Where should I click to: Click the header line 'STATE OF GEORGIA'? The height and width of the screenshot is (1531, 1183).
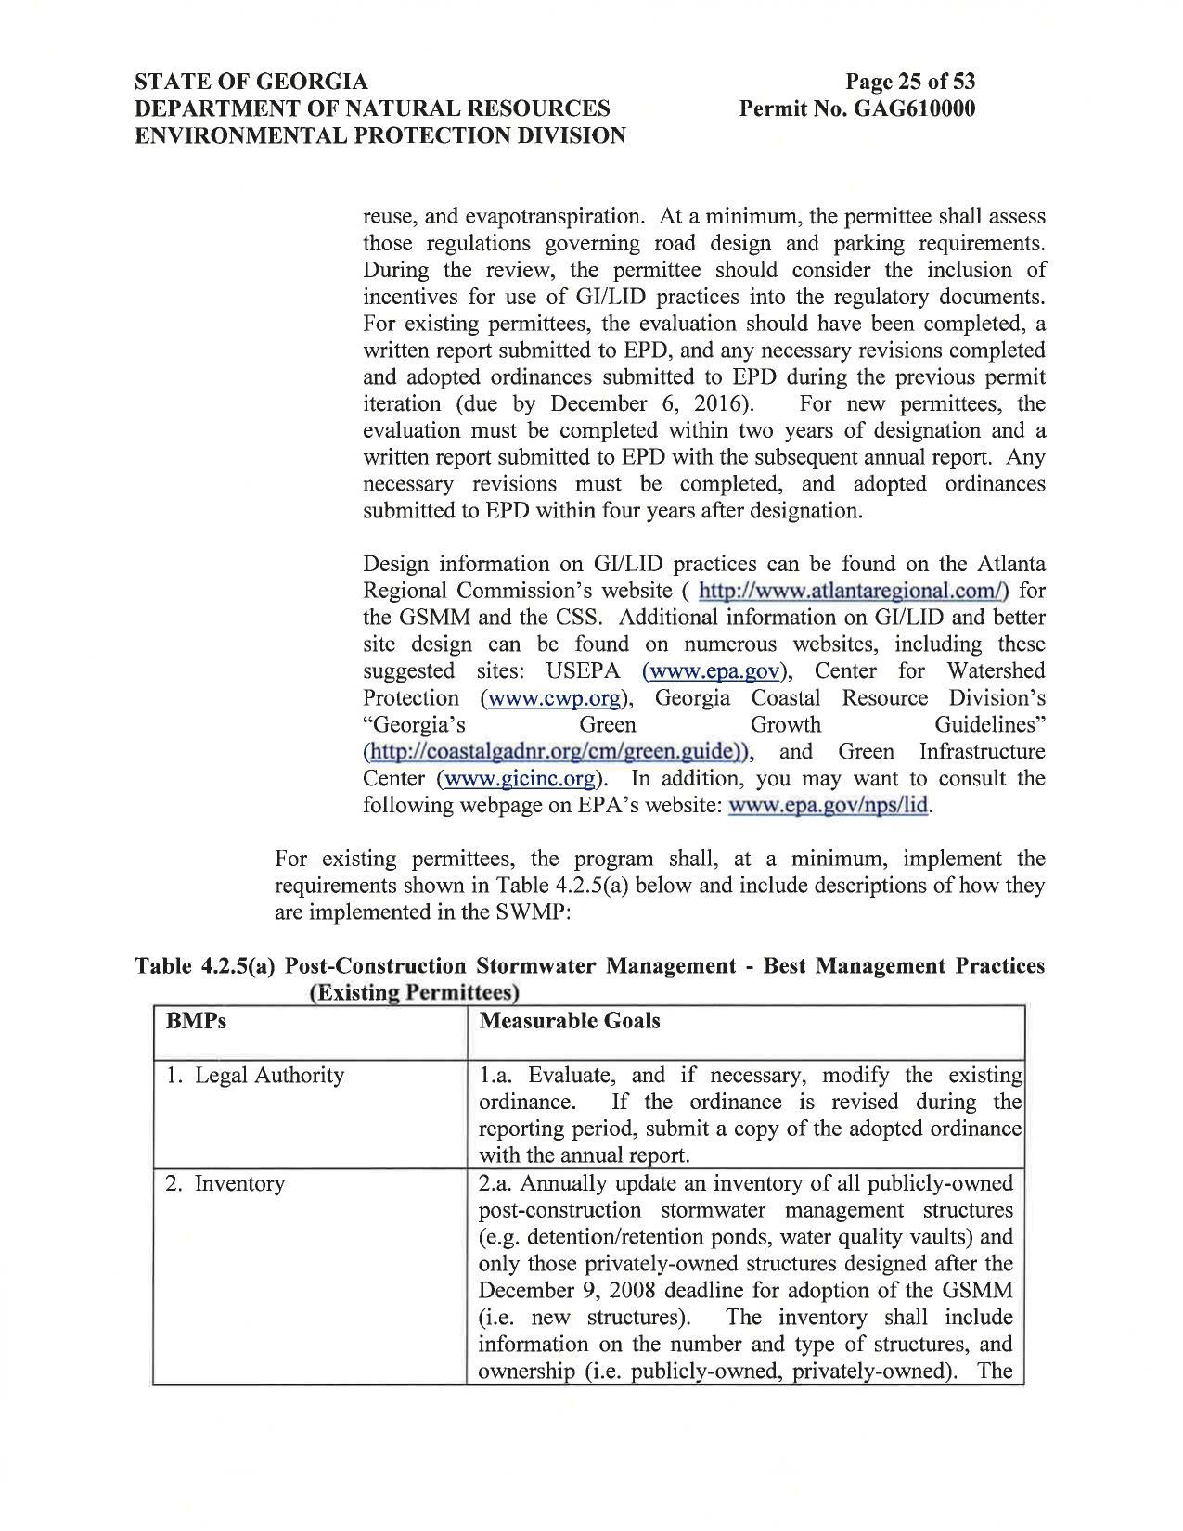coord(251,82)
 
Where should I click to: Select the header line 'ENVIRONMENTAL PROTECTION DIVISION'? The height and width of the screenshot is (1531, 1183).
coord(380,135)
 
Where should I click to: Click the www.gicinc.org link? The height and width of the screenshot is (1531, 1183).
coord(519,779)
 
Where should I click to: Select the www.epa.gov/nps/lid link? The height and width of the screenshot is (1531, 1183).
coord(829,806)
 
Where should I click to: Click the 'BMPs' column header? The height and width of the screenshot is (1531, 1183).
coord(196,1021)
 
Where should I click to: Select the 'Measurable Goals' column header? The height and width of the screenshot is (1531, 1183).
coord(570,1021)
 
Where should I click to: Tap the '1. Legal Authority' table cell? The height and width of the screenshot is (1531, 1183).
coord(255,1076)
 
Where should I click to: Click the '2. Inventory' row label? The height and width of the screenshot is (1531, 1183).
coord(225,1184)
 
